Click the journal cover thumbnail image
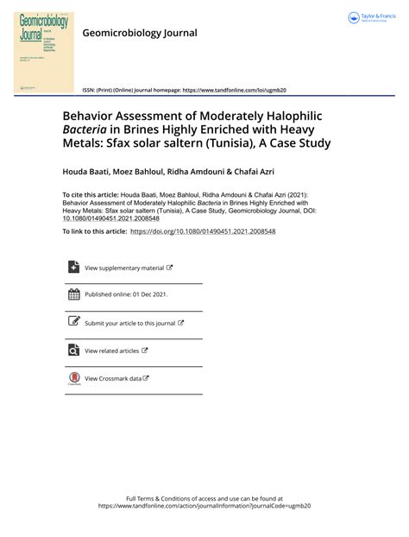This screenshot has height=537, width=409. (43, 51)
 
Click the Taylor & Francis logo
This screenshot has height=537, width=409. (372, 18)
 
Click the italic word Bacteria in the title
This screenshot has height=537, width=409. (87, 128)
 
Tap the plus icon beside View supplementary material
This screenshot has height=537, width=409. (73, 268)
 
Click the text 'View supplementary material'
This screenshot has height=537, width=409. (124, 268)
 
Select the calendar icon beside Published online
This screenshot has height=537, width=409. (73, 294)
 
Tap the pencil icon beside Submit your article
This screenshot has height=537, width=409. (73, 322)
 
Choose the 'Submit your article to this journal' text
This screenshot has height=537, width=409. (130, 324)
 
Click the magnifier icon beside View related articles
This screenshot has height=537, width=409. (73, 350)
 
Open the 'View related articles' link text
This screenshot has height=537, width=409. (111, 351)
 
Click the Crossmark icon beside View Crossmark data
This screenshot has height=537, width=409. (73, 377)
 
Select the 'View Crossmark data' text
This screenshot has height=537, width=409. (113, 378)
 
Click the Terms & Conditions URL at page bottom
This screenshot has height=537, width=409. (204, 506)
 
